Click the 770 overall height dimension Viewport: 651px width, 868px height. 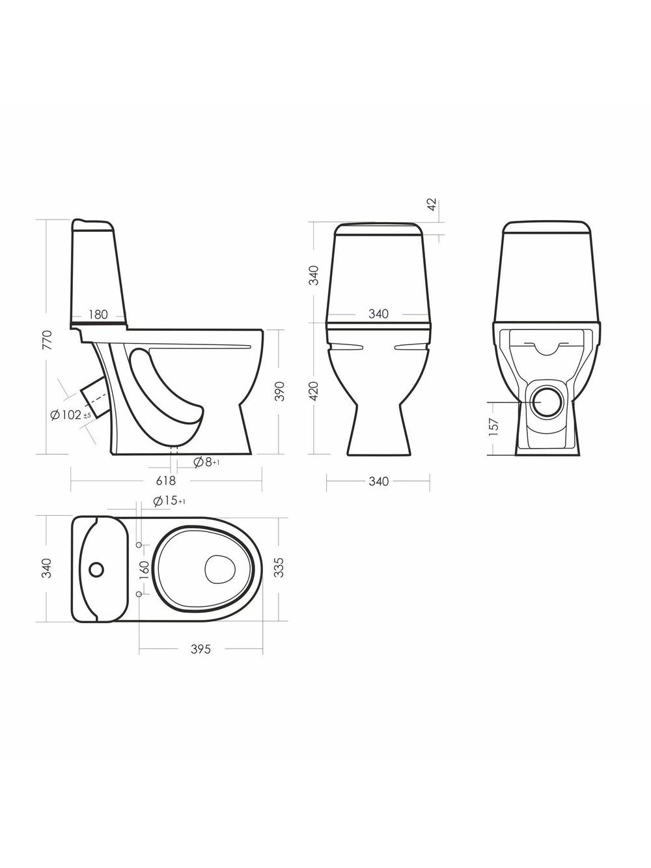click(47, 340)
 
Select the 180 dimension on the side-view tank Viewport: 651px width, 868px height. click(98, 315)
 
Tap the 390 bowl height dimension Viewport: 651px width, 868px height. click(280, 391)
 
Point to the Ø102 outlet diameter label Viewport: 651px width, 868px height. click(71, 415)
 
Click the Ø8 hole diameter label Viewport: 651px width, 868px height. click(206, 462)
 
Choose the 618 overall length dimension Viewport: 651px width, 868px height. click(166, 481)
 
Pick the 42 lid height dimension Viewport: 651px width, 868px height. click(432, 204)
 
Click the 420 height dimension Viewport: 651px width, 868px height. click(314, 391)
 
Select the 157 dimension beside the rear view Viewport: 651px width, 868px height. click(494, 427)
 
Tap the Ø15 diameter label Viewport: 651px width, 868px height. click(169, 501)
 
